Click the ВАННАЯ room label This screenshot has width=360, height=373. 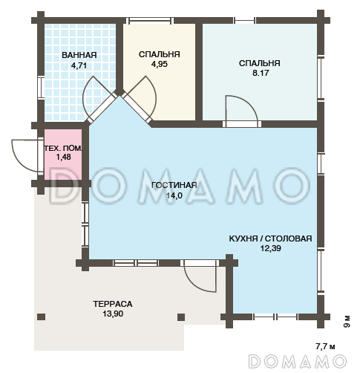pyautogui.click(x=79, y=55)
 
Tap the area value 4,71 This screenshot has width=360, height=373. pyautogui.click(x=79, y=65)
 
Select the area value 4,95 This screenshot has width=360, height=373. pyautogui.click(x=160, y=64)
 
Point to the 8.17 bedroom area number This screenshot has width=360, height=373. pyautogui.click(x=261, y=73)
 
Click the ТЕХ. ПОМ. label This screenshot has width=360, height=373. pyautogui.click(x=63, y=149)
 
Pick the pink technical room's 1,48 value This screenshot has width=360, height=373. pyautogui.click(x=64, y=157)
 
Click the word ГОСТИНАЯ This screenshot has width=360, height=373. pyautogui.click(x=174, y=185)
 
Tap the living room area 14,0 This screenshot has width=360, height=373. pyautogui.click(x=174, y=195)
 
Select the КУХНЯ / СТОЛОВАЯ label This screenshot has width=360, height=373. pyautogui.click(x=270, y=239)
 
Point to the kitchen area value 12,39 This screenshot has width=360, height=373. pyautogui.click(x=270, y=248)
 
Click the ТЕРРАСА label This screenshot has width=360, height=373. pyautogui.click(x=113, y=304)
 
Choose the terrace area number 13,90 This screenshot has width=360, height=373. pyautogui.click(x=113, y=314)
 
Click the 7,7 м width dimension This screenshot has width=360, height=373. pyautogui.click(x=325, y=346)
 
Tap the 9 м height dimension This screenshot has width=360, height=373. pyautogui.click(x=347, y=322)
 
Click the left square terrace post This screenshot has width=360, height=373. pyautogui.click(x=42, y=317)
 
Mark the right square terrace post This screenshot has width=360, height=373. pyautogui.click(x=181, y=317)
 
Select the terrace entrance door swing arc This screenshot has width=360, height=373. pyautogui.click(x=197, y=285)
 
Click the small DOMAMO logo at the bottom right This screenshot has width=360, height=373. pyautogui.click(x=297, y=361)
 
